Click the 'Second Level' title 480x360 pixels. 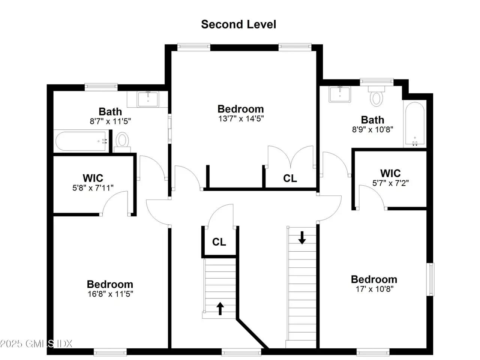pyautogui.click(x=238, y=24)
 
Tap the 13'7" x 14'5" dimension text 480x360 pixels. pyautogui.click(x=241, y=119)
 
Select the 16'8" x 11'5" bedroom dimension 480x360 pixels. pyautogui.click(x=110, y=294)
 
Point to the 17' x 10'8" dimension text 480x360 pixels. pyautogui.click(x=374, y=289)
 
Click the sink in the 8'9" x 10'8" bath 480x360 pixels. pyautogui.click(x=340, y=94)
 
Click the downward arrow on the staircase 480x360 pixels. pyautogui.click(x=302, y=238)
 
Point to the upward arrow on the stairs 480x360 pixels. pyautogui.click(x=220, y=308)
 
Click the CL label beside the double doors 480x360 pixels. pyautogui.click(x=290, y=178)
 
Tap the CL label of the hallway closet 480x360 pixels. pyautogui.click(x=219, y=242)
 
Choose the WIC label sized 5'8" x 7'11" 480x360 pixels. pyautogui.click(x=93, y=178)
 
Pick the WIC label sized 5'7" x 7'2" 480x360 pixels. pyautogui.click(x=390, y=173)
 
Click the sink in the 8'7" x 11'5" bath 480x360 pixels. pyautogui.click(x=148, y=99)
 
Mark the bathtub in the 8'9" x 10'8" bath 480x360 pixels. pyautogui.click(x=415, y=124)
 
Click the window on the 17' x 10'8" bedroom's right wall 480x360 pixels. pyautogui.click(x=430, y=279)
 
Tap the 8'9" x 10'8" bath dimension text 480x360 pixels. pyautogui.click(x=373, y=130)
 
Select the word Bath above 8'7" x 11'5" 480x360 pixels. pyautogui.click(x=110, y=112)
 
